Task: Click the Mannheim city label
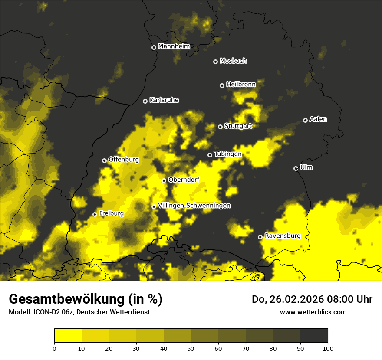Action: click(x=174, y=46)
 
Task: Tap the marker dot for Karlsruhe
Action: click(x=145, y=101)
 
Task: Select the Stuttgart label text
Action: click(x=238, y=126)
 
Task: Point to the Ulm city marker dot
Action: click(x=296, y=168)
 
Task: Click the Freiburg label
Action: click(x=111, y=213)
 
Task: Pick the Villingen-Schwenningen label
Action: click(x=194, y=206)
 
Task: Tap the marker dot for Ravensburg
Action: click(x=260, y=237)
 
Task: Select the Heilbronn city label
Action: click(x=240, y=85)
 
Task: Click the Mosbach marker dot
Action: click(x=215, y=62)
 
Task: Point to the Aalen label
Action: click(x=318, y=119)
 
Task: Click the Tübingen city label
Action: click(x=227, y=154)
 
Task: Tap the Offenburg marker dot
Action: click(x=104, y=160)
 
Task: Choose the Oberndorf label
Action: click(x=183, y=180)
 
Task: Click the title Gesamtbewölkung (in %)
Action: click(x=86, y=299)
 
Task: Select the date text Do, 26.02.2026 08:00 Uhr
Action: click(x=312, y=299)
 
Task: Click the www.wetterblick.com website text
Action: click(x=313, y=312)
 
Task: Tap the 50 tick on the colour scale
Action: click(x=191, y=348)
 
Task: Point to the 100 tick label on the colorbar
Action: click(x=327, y=348)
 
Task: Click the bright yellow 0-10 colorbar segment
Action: click(x=68, y=336)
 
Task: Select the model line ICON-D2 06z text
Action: click(x=79, y=312)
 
